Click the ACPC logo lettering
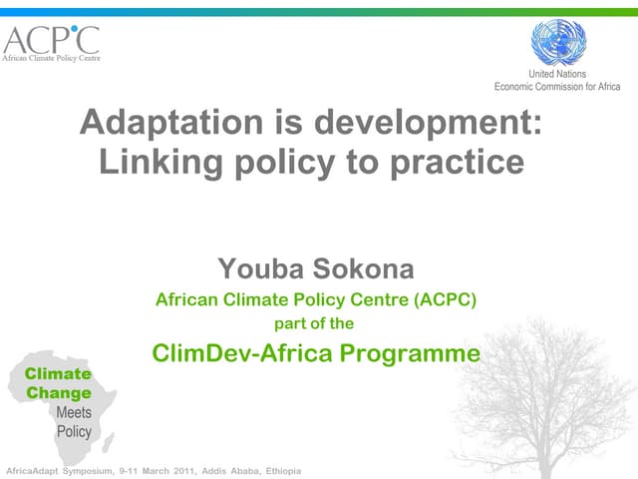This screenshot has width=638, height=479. coord(51,40)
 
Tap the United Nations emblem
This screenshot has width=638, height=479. coord(558,43)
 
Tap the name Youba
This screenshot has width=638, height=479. coord(254,268)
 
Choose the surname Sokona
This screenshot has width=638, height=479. coord(357,268)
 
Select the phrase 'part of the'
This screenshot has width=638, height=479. coord(313,323)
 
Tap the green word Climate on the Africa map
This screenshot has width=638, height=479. coord(58,374)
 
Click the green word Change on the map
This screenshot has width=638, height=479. coord(58,393)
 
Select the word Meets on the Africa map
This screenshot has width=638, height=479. coord(73,412)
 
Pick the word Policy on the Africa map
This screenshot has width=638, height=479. coord(73,431)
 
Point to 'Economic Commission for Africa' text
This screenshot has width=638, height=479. coord(557,87)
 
